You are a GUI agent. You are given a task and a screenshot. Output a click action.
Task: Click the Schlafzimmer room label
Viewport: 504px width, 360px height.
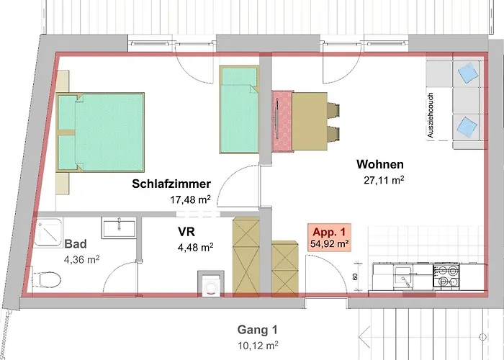coord(171,184)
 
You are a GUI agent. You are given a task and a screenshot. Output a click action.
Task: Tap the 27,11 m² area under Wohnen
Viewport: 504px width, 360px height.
coord(384,180)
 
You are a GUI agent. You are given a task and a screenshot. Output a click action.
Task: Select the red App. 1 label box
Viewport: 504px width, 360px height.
coord(330,237)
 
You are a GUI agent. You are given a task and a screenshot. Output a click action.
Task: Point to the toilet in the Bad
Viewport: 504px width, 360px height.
coord(47,279)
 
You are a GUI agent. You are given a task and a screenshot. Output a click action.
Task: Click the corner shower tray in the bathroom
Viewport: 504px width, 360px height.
coord(48,233)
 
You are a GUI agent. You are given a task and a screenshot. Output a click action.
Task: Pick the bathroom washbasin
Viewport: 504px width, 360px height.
coord(119,228)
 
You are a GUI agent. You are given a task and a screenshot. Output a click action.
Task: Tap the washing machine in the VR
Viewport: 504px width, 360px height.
coord(211,283)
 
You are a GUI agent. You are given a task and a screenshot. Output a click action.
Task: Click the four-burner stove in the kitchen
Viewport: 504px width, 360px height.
coord(446,276)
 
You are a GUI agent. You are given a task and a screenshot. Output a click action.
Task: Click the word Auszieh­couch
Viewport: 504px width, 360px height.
coord(431,115)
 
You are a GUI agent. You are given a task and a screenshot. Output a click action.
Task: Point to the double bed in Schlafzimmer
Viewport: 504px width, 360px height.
coord(100,132)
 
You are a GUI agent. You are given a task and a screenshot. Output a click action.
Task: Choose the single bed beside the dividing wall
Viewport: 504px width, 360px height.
coord(240,109)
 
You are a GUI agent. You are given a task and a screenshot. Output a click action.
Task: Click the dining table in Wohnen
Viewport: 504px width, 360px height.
coord(310,121)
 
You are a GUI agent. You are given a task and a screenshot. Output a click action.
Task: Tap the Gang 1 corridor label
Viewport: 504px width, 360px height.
coord(257,330)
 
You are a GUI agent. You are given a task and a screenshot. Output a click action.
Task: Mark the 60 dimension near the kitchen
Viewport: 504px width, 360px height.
coord(355,276)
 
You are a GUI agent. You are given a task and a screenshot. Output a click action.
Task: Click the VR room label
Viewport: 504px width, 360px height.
coord(186,231)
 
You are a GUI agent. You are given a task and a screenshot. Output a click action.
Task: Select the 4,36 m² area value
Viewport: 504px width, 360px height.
coord(81,259)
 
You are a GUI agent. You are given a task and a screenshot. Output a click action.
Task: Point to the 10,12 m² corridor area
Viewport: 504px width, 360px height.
coord(258,346)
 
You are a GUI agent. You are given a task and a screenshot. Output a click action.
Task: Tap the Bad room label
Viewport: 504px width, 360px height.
coord(76,244)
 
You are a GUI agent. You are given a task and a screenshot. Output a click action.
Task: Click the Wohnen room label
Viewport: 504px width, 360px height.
coord(380,164)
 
